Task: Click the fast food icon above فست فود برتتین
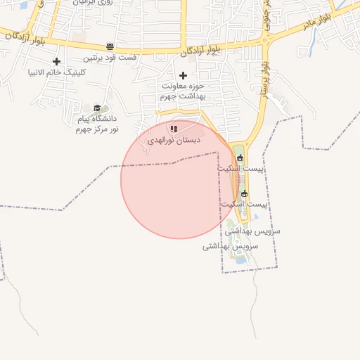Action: (110, 46)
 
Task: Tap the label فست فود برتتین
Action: (110, 58)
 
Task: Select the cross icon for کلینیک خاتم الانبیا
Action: (56, 62)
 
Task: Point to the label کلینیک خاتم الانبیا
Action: (56, 72)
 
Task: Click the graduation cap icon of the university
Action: (97, 108)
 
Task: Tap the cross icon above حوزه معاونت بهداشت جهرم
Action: (184, 75)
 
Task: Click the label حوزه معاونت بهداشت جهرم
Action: (184, 91)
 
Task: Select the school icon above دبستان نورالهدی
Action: (173, 129)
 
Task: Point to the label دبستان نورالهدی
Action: (173, 141)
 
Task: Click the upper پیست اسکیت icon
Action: (239, 157)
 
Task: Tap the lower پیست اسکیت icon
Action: (244, 193)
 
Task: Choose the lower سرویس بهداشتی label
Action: (230, 247)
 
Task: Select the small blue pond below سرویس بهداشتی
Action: (241, 260)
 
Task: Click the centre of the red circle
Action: (179, 179)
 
